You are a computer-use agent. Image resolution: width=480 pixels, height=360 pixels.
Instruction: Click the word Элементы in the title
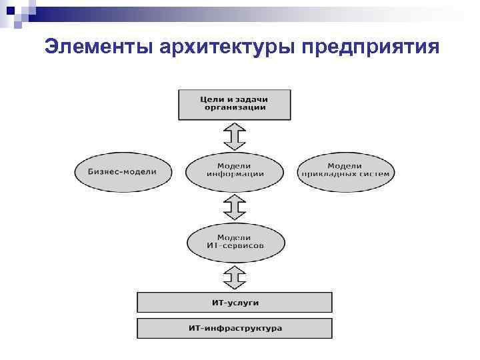(99, 47)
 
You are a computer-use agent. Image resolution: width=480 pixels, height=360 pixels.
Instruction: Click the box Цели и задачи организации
(234, 104)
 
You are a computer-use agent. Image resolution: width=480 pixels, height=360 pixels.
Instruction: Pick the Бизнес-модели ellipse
(123, 171)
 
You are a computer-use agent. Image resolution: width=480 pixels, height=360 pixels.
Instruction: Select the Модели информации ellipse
(234, 171)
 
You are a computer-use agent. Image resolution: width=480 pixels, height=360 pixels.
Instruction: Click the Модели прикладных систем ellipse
(345, 171)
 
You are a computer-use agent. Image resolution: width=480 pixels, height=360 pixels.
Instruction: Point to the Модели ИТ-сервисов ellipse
(234, 241)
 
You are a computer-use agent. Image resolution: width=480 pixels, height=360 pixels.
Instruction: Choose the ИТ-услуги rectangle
(234, 303)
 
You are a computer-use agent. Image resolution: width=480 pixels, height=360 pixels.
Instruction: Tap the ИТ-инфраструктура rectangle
(234, 328)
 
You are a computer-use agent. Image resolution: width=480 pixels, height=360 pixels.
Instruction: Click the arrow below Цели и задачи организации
(234, 137)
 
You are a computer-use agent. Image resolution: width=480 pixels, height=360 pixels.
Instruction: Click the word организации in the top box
(235, 108)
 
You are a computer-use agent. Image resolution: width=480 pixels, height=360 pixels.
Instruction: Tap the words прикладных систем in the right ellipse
(345, 174)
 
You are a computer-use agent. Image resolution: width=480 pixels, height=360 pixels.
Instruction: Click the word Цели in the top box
(212, 99)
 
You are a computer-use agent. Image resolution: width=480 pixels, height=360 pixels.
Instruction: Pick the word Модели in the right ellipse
(345, 165)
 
